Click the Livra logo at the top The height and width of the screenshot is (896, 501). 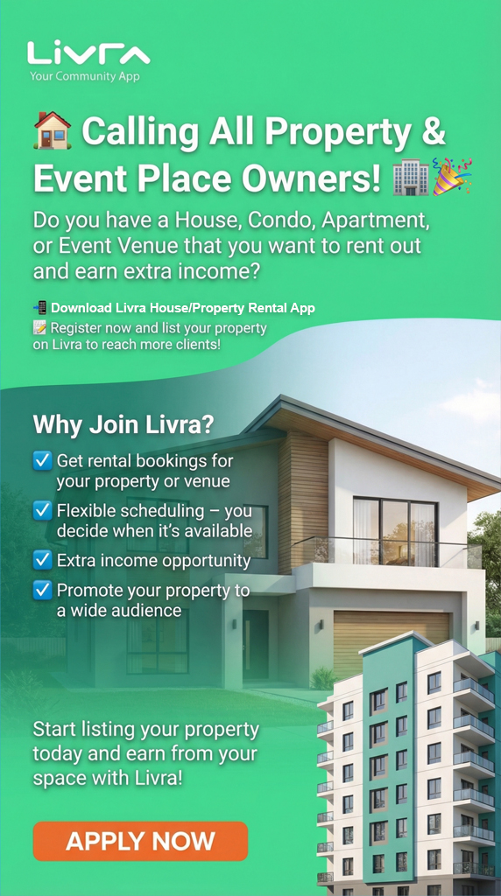(88, 53)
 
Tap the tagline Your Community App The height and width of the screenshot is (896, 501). (84, 77)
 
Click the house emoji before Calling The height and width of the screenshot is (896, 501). (53, 131)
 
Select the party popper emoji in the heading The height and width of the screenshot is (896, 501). (453, 176)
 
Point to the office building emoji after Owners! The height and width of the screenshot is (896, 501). (411, 178)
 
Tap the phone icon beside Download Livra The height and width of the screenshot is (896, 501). (39, 307)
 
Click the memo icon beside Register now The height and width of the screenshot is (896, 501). (39, 327)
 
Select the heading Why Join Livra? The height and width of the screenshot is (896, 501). (123, 425)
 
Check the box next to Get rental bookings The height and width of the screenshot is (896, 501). (42, 460)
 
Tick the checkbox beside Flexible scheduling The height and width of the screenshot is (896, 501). (42, 510)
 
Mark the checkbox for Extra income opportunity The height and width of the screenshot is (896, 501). (42, 559)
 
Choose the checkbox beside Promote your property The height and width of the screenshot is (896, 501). (42, 590)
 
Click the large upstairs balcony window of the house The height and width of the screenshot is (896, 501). (394, 531)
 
